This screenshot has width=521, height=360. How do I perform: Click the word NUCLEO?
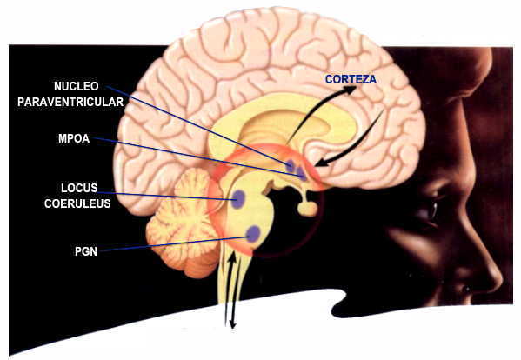point(76,86)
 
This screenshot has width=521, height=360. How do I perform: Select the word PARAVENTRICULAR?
point(70,102)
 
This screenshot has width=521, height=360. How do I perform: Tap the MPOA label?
point(74,138)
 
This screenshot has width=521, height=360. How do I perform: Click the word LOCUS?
point(79,188)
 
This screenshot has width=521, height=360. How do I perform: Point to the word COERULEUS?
point(77,203)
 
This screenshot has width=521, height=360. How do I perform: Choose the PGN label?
point(86,251)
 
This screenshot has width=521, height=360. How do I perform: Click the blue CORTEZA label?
point(351,79)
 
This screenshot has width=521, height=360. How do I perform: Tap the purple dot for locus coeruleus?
point(238,199)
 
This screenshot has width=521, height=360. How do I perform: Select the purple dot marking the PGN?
point(254,234)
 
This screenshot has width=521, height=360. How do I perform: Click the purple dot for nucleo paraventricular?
point(290,165)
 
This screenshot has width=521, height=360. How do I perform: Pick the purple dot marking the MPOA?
point(301,173)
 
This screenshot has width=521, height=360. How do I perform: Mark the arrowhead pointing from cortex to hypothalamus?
point(319,163)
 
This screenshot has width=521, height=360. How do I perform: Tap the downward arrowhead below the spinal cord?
point(232,324)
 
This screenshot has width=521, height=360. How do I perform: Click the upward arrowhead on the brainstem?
point(233,256)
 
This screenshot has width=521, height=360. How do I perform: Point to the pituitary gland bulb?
point(307,208)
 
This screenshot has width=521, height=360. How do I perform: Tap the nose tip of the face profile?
point(498,280)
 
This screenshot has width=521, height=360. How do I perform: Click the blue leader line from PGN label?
point(175,243)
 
